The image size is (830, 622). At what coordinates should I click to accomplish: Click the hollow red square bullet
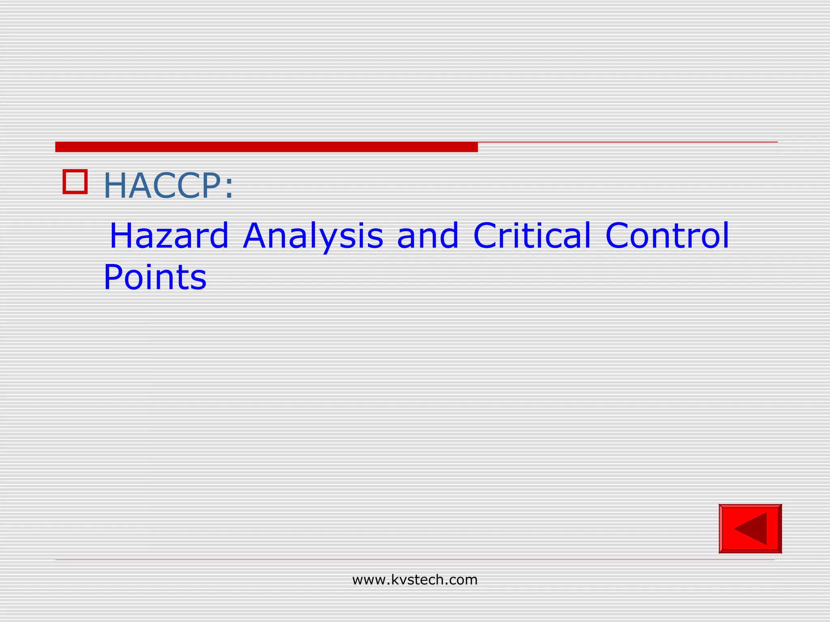pyautogui.click(x=75, y=182)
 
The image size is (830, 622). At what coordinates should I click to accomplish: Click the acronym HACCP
pyautogui.click(x=162, y=186)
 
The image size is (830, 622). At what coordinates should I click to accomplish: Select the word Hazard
pyautogui.click(x=169, y=236)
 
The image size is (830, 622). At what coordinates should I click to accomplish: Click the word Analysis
pyautogui.click(x=313, y=236)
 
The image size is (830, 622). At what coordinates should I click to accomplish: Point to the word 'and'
pyautogui.click(x=428, y=236)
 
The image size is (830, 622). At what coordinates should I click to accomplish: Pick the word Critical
pyautogui.click(x=532, y=236)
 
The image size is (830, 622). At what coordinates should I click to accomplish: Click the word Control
pyautogui.click(x=667, y=236)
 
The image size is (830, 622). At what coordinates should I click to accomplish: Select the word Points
pyautogui.click(x=155, y=278)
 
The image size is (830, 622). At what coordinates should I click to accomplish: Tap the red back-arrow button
pyautogui.click(x=750, y=528)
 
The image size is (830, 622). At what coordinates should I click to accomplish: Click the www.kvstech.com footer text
pyautogui.click(x=415, y=580)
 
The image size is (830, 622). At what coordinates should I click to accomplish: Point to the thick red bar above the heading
pyautogui.click(x=266, y=147)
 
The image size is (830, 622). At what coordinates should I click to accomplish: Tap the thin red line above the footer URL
pyautogui.click(x=415, y=560)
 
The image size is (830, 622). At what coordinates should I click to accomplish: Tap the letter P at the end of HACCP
pyautogui.click(x=209, y=186)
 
